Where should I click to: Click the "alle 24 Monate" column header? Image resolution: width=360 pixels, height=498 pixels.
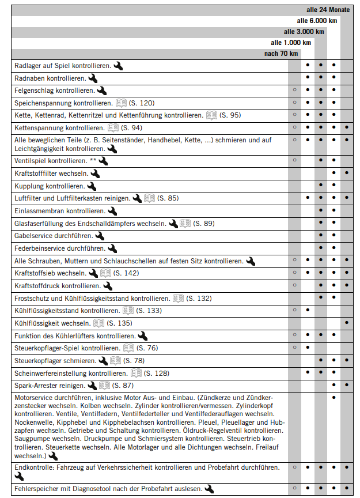coord(328,10)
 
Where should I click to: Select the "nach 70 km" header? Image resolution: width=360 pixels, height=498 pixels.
coord(281,54)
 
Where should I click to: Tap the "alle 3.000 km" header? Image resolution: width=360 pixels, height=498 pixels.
coord(304,32)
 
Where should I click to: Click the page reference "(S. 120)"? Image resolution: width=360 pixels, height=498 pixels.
coord(142,103)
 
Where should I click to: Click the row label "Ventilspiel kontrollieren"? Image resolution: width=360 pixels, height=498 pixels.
coord(51,160)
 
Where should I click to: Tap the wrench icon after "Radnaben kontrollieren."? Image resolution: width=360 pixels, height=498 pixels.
coord(93,78)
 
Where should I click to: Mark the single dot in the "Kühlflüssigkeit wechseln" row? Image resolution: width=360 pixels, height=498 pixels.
coord(346,323)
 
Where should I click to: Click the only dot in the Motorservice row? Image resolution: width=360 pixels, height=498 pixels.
coord(334,397)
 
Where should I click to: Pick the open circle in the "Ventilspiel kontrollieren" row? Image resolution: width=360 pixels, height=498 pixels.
coord(294,160)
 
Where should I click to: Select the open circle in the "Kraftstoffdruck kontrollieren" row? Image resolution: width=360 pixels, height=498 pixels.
coord(294,285)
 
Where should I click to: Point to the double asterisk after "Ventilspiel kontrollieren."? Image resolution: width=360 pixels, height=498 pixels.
coord(93,160)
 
